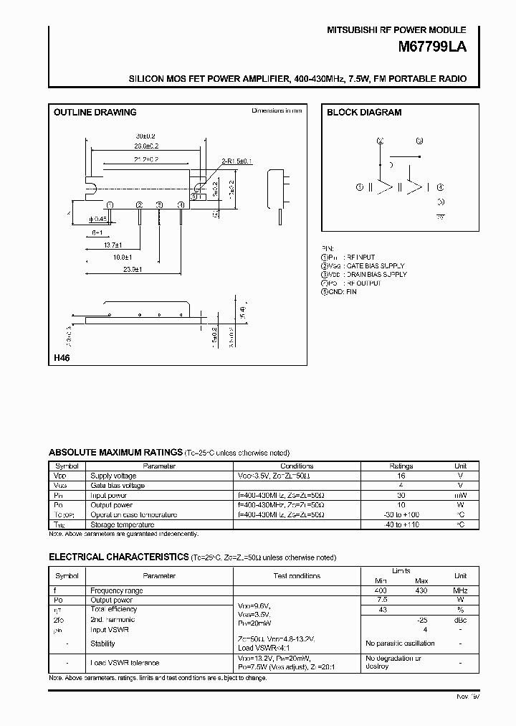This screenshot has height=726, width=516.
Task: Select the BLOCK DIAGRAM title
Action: tap(364, 113)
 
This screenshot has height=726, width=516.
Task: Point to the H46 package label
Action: tap(61, 358)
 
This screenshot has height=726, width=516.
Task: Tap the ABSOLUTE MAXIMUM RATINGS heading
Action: tap(115, 453)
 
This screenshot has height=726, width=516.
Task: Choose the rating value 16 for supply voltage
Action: tap(401, 476)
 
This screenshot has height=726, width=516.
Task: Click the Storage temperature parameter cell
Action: tap(123, 524)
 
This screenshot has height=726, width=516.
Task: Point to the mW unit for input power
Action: tap(461, 495)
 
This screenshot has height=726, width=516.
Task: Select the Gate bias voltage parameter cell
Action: tap(118, 486)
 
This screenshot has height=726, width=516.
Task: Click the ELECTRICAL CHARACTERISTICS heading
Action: tap(119, 557)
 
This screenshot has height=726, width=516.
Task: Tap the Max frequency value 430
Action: tap(421, 590)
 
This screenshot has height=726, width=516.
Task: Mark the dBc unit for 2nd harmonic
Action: tap(461, 619)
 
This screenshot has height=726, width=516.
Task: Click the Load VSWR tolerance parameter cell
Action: tap(125, 662)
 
